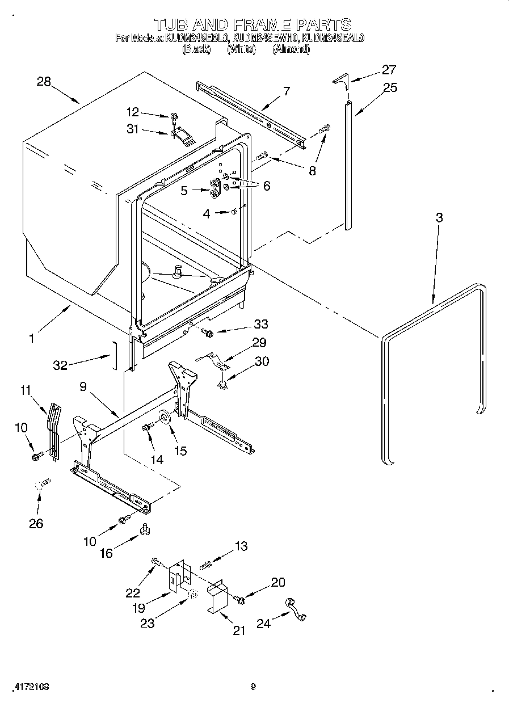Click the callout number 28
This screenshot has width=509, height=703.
pyautogui.click(x=44, y=82)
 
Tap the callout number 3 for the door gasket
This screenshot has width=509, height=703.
pyautogui.click(x=439, y=217)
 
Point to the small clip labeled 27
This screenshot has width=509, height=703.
pyautogui.click(x=339, y=79)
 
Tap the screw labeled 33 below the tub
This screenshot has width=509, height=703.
pyautogui.click(x=208, y=334)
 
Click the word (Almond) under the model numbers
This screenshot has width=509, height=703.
pyautogui.click(x=291, y=50)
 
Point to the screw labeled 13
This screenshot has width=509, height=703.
pyautogui.click(x=206, y=564)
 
